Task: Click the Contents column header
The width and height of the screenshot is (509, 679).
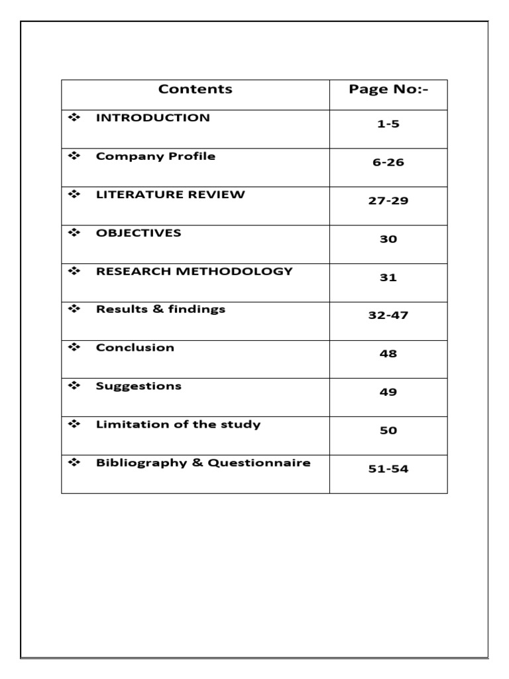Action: coord(196,90)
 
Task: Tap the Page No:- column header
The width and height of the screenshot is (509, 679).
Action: coord(388,90)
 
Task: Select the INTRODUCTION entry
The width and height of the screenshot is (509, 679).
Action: coord(152,118)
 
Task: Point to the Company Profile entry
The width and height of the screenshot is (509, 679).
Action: coord(155,156)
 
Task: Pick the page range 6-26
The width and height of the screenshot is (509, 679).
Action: coord(388,162)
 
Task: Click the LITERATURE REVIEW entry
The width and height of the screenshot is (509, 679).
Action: coord(170,195)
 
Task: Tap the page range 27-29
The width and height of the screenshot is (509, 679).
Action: coord(388,201)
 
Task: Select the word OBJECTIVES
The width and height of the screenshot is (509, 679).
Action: coord(139,233)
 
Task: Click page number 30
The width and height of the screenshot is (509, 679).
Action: coord(388,239)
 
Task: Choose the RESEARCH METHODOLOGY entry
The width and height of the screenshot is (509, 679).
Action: coord(194,272)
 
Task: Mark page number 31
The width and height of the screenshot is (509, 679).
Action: coord(388,278)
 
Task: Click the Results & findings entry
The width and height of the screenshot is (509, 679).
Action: coord(160,309)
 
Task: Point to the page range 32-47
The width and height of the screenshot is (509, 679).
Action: coord(388,316)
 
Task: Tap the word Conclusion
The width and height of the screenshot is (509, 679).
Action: coord(135,347)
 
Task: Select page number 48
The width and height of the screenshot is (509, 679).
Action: coord(388,354)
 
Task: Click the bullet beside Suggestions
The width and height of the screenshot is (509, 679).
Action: coord(73,385)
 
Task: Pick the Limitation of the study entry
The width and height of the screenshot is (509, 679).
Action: coord(178,424)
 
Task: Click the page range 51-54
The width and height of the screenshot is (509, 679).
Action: coord(388,469)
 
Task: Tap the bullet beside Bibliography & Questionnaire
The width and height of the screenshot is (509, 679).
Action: coord(73,462)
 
